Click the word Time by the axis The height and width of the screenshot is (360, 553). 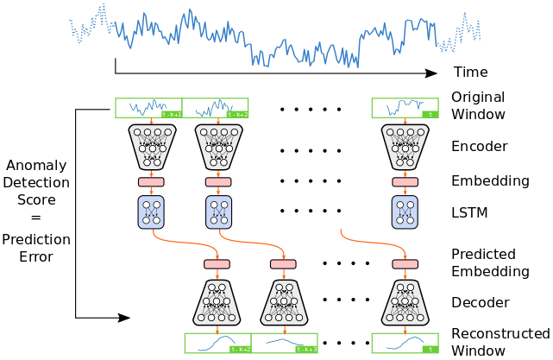coord(470,73)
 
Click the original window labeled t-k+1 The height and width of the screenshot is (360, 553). coord(148,108)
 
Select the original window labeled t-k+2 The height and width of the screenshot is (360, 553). coord(215,108)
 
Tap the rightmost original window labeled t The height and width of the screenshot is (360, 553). coord(405,108)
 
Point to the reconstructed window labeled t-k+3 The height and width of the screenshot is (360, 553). coord(284,343)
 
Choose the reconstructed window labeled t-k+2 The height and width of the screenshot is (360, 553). coord(217,343)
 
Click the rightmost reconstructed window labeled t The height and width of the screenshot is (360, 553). coord(405,343)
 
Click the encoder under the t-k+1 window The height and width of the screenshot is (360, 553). coord(151,146)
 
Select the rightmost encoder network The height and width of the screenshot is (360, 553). coord(405,146)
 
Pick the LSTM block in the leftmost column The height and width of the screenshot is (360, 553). coord(151,212)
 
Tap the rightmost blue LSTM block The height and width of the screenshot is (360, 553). coord(405,212)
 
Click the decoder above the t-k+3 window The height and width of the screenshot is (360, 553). coord(284,301)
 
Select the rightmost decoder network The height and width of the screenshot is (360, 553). coord(405,301)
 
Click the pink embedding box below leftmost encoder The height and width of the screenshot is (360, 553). coord(151,182)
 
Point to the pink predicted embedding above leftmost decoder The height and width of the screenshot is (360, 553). coord(217,264)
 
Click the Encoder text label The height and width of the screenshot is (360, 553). coord(480,146)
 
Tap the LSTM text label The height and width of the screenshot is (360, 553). coord(470,212)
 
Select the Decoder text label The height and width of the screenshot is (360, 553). coord(481,303)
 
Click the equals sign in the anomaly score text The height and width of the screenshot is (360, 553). coord(35,218)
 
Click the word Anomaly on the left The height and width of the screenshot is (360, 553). coord(35,165)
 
